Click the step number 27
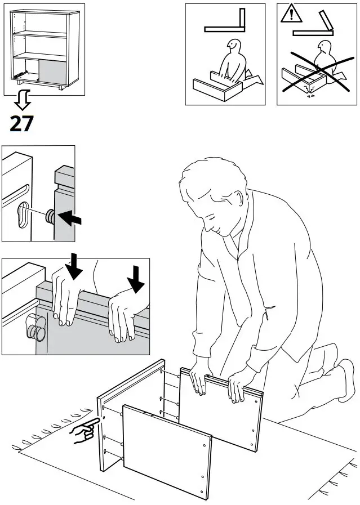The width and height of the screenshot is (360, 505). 21,124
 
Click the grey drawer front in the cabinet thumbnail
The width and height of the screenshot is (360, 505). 52,70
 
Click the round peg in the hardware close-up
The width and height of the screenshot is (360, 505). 50,216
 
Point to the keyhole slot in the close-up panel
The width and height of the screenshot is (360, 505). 23,214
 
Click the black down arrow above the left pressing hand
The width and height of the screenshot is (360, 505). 74,266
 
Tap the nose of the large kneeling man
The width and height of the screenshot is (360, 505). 207,226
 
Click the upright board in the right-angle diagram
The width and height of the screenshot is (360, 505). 242,20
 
